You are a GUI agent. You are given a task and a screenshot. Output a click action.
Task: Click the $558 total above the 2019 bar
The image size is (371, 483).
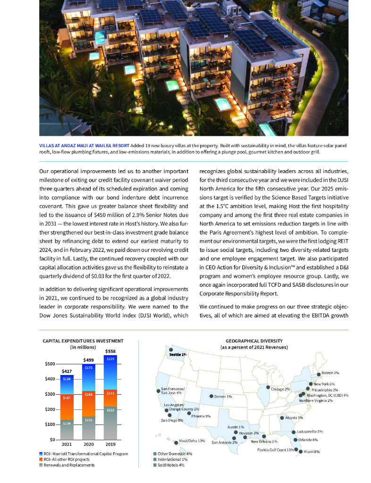coord(110,351)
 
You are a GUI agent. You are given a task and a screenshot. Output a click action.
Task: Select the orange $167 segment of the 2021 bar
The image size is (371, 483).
coord(67,398)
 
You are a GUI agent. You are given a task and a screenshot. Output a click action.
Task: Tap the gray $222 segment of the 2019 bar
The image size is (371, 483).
coord(110,410)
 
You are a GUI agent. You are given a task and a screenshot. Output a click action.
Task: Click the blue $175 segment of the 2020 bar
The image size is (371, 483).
coord(88,367)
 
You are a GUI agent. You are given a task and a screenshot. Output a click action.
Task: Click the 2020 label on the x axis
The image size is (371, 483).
coord(88,444)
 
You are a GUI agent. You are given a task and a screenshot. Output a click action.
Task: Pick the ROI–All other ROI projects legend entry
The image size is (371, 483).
coord(66,459)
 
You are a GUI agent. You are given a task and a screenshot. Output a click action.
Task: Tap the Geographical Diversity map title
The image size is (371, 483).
coord(254,341)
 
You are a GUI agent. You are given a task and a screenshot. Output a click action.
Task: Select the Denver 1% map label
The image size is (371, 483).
coord(223,396)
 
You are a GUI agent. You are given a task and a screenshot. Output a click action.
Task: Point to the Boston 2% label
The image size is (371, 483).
coord(330,373)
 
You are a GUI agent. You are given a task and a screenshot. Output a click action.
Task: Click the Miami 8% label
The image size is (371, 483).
coord(312,451)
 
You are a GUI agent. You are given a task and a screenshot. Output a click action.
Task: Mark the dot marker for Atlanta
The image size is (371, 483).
coord(282,417)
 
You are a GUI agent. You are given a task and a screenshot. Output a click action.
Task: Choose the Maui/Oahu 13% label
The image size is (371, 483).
coord(192,441)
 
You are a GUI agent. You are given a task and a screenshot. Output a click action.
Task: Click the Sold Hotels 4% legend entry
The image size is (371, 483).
coord(169,465)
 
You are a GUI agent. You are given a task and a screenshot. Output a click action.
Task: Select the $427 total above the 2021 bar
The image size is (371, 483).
coord(67,371)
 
